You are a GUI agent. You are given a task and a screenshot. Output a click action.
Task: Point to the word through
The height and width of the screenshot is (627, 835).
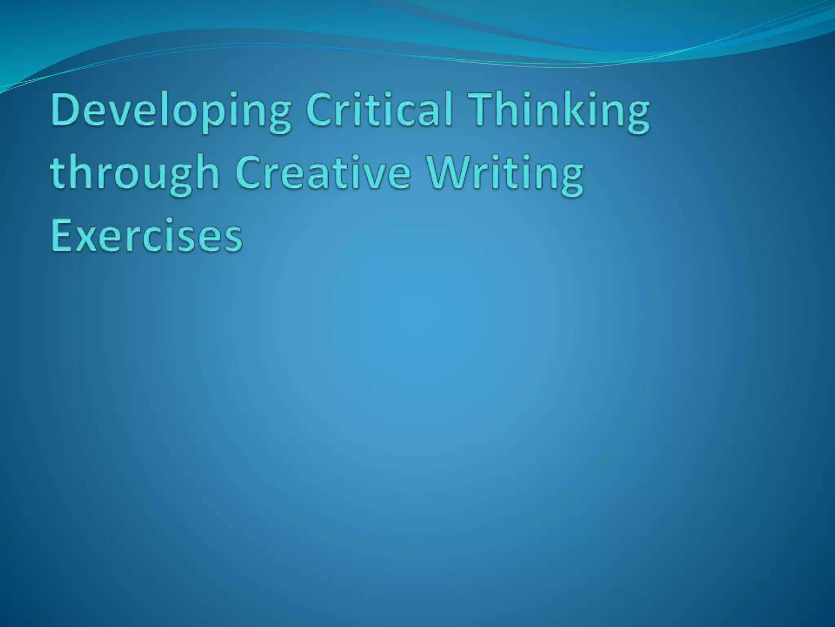(135, 173)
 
